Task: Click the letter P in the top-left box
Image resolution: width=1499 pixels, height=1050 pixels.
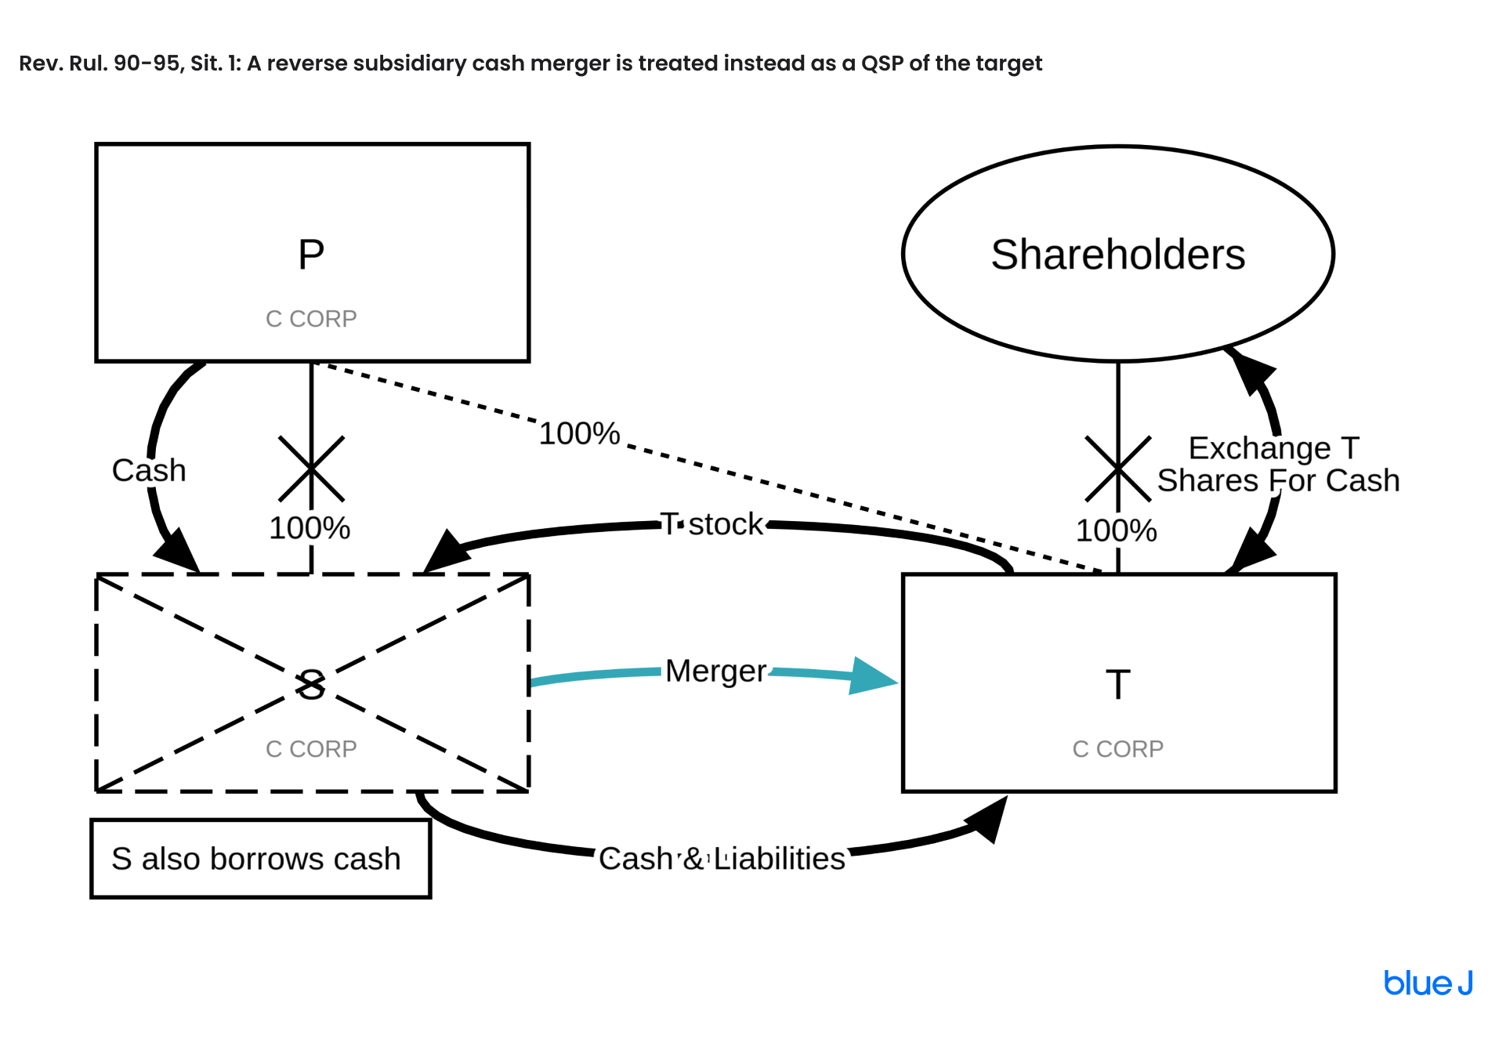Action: pos(311,255)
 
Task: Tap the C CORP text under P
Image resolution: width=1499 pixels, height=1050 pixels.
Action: pos(311,319)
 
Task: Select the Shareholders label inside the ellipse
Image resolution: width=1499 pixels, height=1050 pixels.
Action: pos(1117,255)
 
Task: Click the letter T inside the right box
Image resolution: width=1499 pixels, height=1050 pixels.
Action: pos(1117,685)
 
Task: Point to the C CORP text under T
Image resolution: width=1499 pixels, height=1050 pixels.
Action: pos(1117,749)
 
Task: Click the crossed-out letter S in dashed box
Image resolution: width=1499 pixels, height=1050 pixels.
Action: pos(311,685)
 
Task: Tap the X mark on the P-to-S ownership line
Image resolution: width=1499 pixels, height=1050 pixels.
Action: pos(311,469)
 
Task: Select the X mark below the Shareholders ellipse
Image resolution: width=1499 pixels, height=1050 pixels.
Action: pos(1117,469)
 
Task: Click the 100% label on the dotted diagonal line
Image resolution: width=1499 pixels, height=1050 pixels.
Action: pos(579,433)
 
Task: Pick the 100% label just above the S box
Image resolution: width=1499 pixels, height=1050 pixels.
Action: pos(310,528)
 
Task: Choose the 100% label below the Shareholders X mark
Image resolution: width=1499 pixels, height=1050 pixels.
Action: pos(1116,530)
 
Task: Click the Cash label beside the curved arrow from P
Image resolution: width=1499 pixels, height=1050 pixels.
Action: pos(149,470)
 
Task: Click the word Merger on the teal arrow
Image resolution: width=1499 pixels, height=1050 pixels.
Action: pos(715,671)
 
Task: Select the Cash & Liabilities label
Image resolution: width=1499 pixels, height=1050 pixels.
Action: pos(722,859)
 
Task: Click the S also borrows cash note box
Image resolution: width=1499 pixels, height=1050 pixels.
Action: pos(260,859)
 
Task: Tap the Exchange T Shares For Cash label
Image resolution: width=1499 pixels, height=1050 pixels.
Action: pos(1277,464)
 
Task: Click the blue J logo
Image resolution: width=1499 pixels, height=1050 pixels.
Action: pos(1427,983)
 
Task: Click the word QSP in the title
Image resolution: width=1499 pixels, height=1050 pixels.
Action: pos(882,63)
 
